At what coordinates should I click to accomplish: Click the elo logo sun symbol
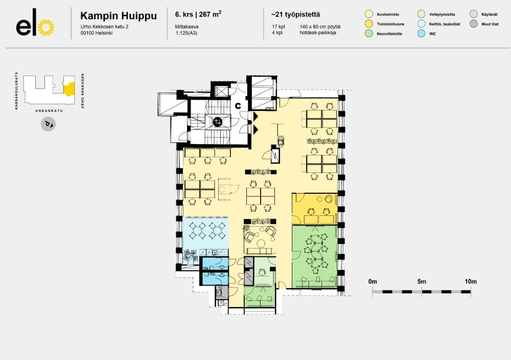(x=45, y=28)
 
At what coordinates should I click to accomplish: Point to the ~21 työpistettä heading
(x=292, y=14)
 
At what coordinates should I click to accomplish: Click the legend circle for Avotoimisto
(x=369, y=14)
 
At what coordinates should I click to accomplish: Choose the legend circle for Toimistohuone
(x=369, y=24)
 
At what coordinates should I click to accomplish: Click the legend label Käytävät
(x=490, y=14)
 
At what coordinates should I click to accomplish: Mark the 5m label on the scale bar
(x=422, y=282)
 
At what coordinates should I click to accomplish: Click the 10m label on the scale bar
(x=470, y=282)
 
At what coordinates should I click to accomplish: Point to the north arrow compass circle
(x=49, y=124)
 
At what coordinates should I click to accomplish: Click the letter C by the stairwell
(x=238, y=105)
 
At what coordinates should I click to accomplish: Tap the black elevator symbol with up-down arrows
(x=218, y=122)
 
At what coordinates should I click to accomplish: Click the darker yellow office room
(x=314, y=209)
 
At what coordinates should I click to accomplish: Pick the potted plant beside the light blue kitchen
(x=191, y=256)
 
